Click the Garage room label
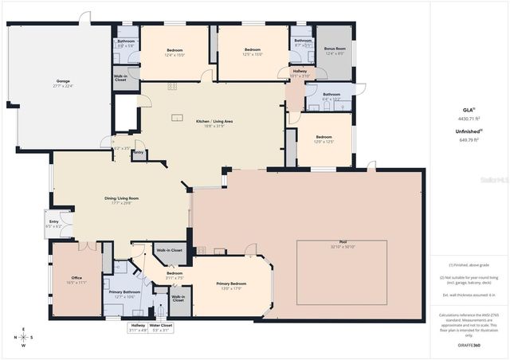62,82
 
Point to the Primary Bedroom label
232,284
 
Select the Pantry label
139,152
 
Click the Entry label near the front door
54,221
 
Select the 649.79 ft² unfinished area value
468,139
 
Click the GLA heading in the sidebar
468,109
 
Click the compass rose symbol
23,337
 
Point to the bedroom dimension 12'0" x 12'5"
324,142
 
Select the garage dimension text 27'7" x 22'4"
62,87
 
